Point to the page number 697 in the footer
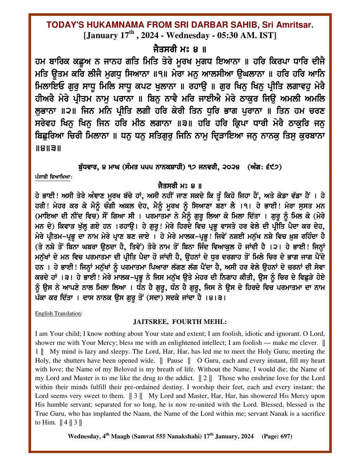point(284,436)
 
